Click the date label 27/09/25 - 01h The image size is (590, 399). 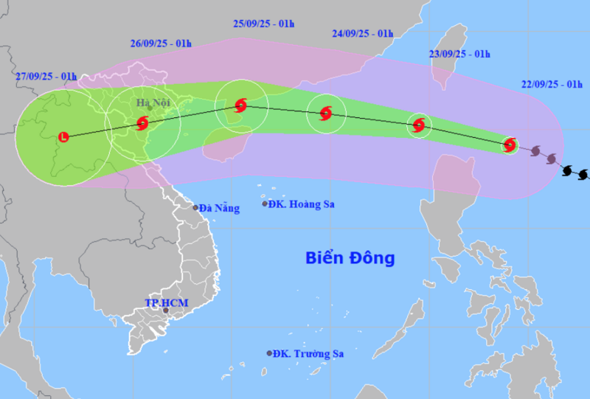click(x=46, y=76)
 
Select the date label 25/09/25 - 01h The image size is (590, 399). click(x=263, y=24)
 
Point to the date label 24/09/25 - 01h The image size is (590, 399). click(x=362, y=33)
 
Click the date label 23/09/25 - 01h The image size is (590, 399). click(x=459, y=54)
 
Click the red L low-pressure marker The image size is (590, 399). click(x=63, y=136)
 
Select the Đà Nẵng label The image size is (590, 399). click(x=221, y=209)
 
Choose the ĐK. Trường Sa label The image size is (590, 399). click(x=308, y=354)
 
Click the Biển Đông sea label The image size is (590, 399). click(x=350, y=258)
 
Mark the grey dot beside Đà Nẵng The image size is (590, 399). click(x=195, y=208)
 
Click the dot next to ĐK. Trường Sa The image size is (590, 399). click(x=269, y=353)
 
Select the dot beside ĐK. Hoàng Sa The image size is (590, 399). click(x=265, y=204)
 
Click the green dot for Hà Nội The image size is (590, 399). click(x=150, y=108)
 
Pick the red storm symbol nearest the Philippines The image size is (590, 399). click(x=509, y=145)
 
